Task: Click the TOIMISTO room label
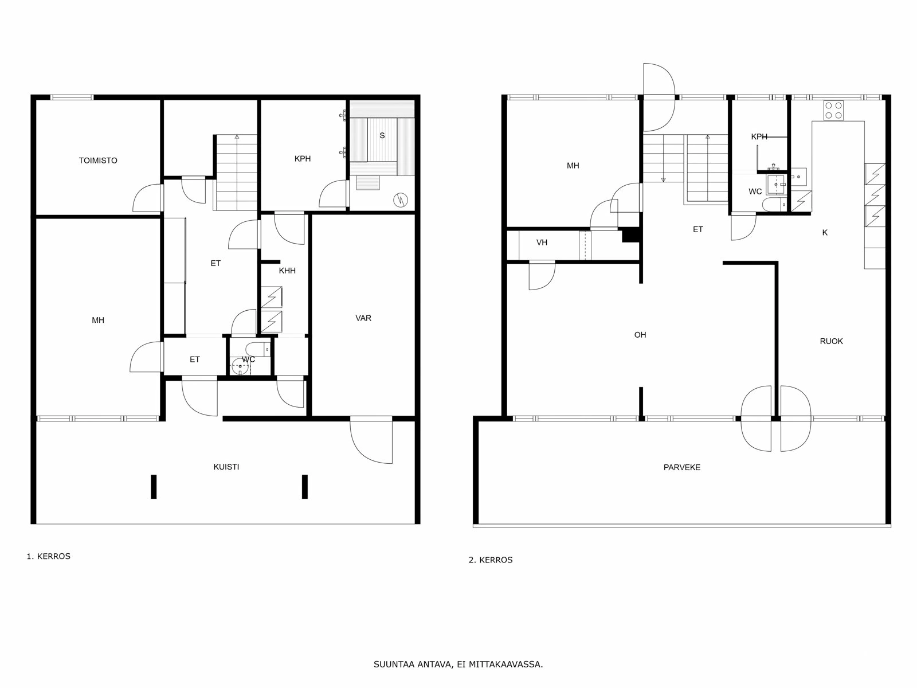tap(98, 161)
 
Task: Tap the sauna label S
tap(382, 136)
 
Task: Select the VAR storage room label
tap(363, 318)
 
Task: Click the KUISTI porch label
tap(226, 467)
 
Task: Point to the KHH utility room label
tap(287, 271)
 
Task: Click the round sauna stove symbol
tap(400, 200)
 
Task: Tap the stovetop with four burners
tap(833, 110)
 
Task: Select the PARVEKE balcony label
tap(682, 467)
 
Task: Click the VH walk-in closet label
tap(542, 243)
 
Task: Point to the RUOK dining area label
tap(831, 341)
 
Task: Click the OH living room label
tap(640, 335)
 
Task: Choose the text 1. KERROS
tap(49, 556)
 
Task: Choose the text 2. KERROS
tap(491, 560)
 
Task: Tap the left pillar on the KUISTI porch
tap(154, 486)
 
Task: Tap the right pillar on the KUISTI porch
tap(305, 486)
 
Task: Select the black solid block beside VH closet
tap(630, 235)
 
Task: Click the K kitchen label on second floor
tap(825, 233)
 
